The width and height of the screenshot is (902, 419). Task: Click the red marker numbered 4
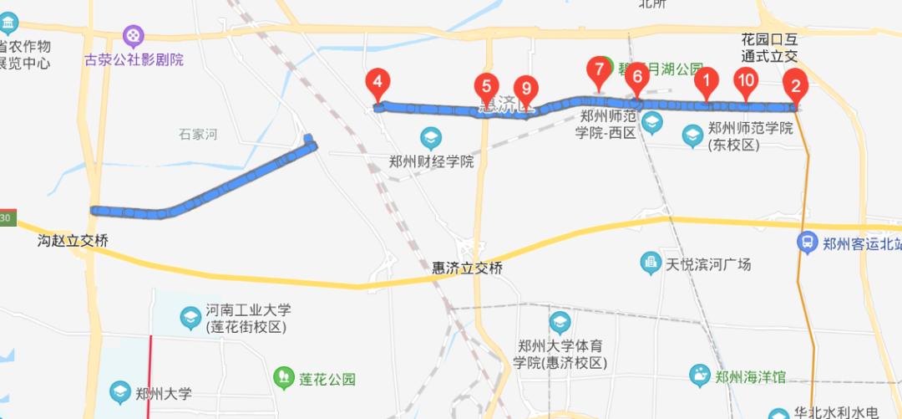[378, 82]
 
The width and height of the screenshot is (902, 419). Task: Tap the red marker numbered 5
[486, 85]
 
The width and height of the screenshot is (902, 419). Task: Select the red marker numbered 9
[525, 88]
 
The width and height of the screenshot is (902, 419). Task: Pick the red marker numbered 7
[598, 69]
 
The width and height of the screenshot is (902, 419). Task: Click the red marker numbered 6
[636, 75]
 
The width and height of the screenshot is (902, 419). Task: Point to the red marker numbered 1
[707, 80]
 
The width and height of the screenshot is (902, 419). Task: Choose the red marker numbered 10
[745, 80]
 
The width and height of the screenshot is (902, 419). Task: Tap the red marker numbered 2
[794, 84]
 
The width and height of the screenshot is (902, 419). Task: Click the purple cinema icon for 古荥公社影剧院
[134, 36]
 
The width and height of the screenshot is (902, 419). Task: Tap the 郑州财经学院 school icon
[431, 137]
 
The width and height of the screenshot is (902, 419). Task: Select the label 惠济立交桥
[467, 268]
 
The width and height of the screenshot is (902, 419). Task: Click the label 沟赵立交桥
[73, 241]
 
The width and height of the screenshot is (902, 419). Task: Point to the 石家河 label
[198, 134]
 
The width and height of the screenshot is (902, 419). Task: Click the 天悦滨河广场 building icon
[651, 264]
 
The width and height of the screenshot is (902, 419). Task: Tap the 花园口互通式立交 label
[770, 49]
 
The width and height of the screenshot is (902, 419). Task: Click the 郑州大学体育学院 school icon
[560, 322]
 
